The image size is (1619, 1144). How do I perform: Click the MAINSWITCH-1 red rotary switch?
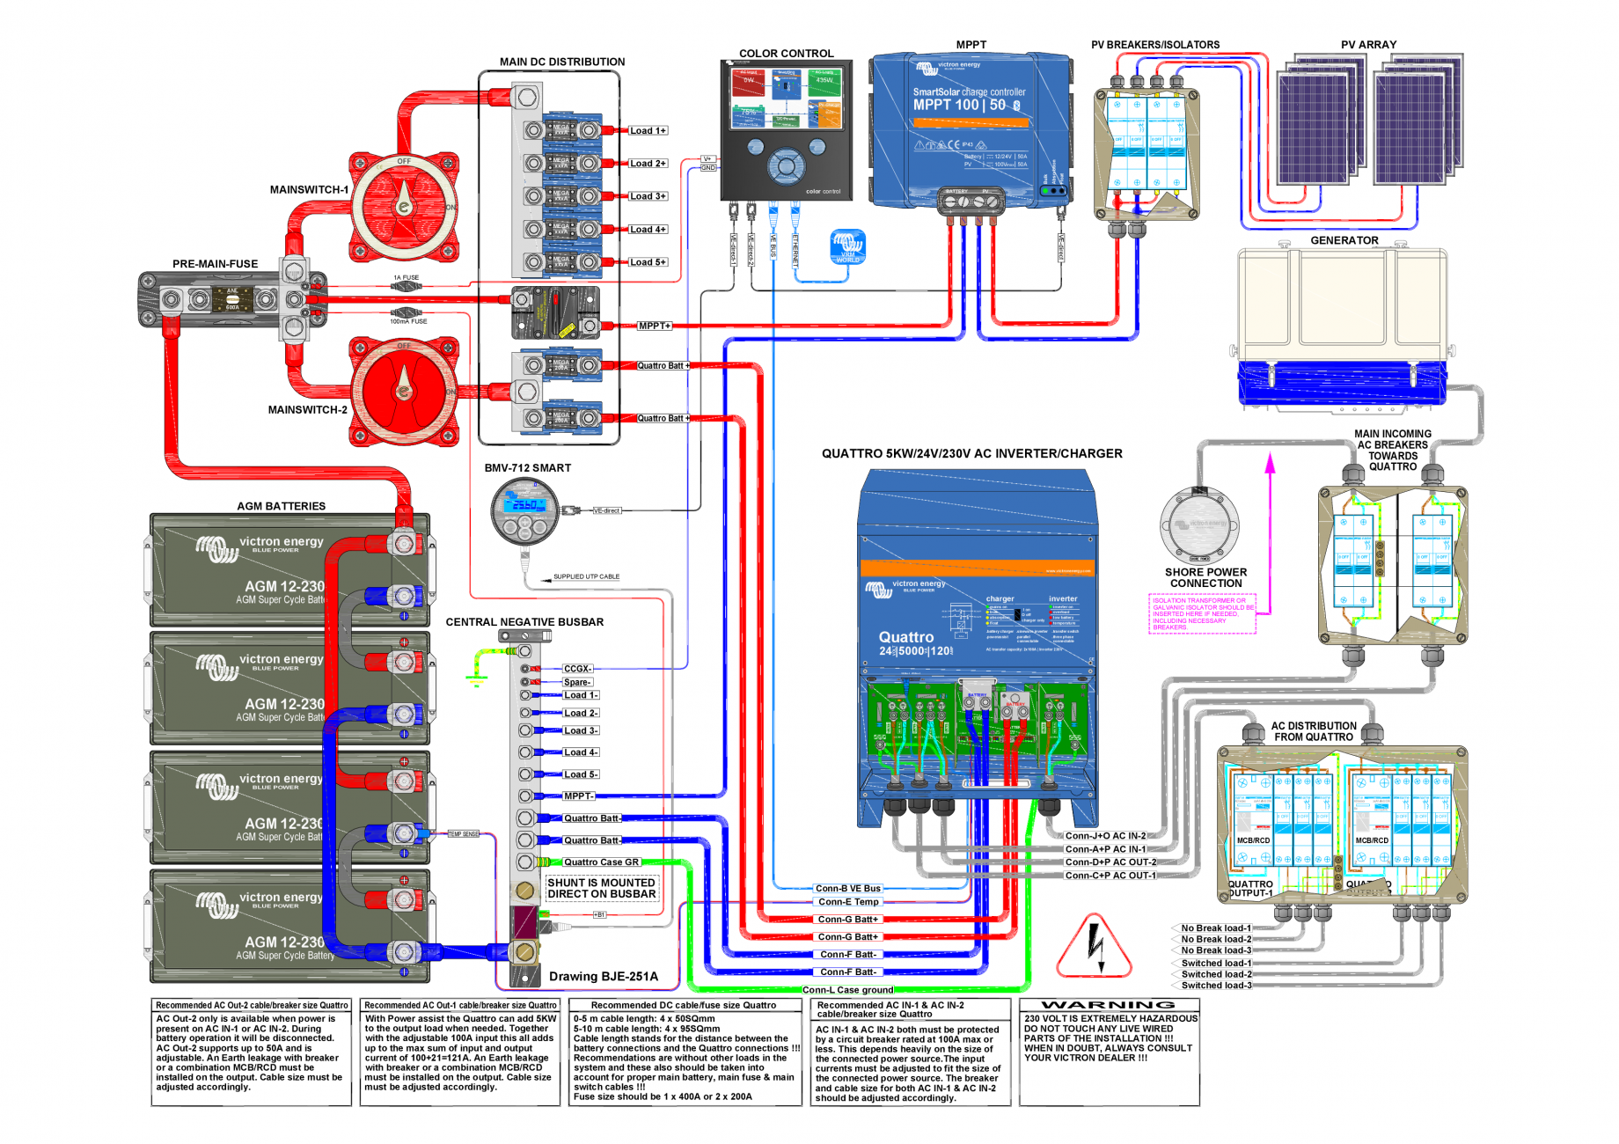tap(404, 207)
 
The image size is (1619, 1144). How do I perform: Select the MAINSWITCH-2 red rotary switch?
tap(404, 390)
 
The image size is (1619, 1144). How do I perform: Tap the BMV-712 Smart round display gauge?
tap(524, 511)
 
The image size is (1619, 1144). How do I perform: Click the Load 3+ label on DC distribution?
tap(648, 196)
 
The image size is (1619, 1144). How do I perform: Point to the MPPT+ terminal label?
tap(655, 326)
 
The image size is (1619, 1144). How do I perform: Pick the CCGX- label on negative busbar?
tap(577, 669)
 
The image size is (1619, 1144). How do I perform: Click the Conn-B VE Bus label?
tap(847, 889)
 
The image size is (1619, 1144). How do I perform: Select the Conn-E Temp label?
tap(848, 902)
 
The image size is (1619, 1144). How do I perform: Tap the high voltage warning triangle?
tap(1094, 949)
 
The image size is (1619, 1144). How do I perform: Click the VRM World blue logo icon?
tap(847, 246)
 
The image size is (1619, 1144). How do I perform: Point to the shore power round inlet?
tap(1199, 524)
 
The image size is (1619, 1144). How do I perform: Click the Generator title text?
tap(1344, 240)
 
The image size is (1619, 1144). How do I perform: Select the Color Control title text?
tap(786, 54)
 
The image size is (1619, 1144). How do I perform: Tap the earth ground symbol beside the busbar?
tap(477, 678)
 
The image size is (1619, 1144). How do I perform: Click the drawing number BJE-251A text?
tap(603, 976)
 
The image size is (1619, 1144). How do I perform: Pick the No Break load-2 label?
tap(1215, 939)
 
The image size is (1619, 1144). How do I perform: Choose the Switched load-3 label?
tap(1216, 986)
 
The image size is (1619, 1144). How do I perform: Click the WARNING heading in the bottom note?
tap(1108, 1005)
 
